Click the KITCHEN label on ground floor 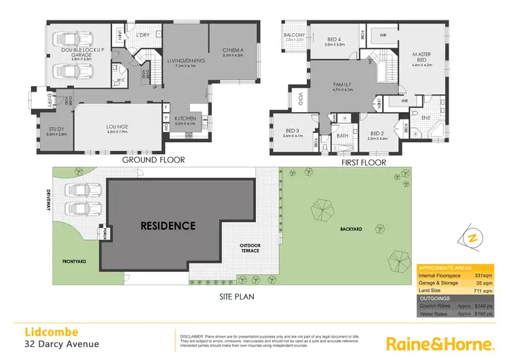(185, 120)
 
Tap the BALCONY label (295, 35)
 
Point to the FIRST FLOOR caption (363, 162)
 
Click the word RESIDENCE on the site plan (168, 226)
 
